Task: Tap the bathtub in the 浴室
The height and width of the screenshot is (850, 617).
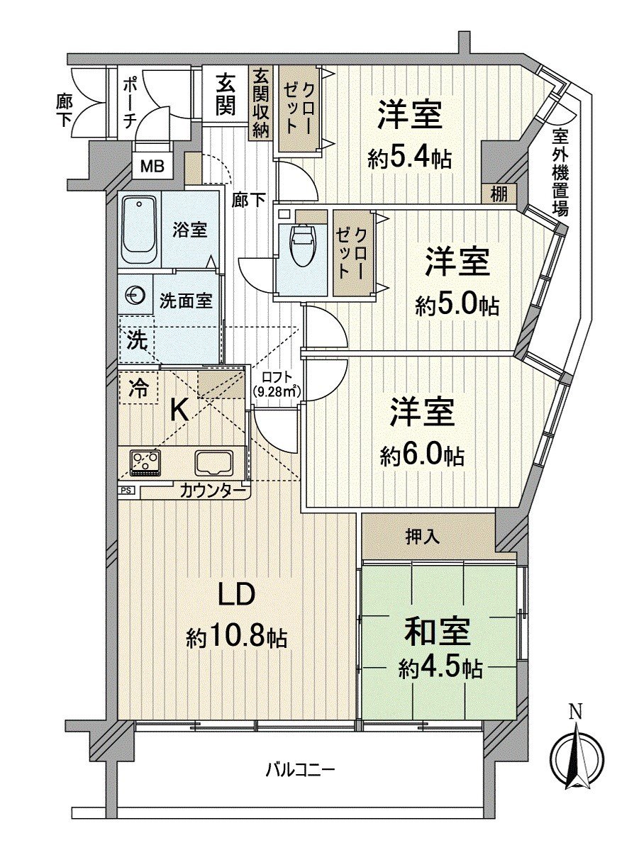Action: [139, 230]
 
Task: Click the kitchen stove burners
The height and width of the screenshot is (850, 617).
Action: [145, 462]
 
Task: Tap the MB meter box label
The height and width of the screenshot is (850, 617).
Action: [152, 167]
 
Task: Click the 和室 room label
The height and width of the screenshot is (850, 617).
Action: [436, 630]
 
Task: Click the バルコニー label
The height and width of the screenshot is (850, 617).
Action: [300, 768]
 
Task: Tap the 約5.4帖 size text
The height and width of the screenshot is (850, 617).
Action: [410, 158]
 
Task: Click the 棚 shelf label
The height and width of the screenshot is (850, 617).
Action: [499, 194]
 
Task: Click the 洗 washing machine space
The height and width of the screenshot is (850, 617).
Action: [138, 340]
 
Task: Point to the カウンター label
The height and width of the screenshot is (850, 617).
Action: [212, 490]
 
